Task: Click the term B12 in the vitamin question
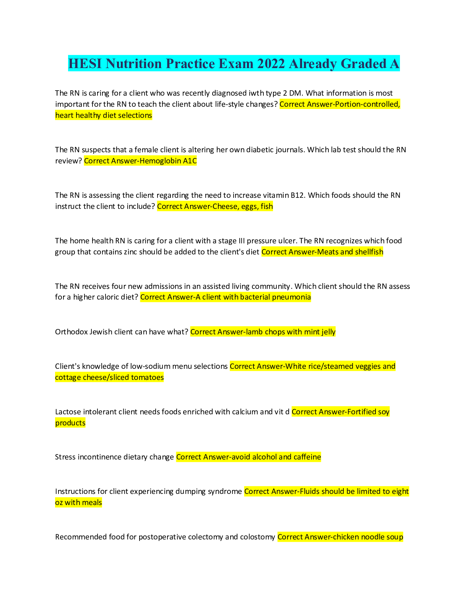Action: tap(297, 195)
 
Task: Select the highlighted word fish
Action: tap(266, 206)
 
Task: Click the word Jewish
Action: tap(101, 332)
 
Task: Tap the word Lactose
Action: tap(68, 412)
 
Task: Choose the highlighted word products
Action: tap(70, 423)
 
